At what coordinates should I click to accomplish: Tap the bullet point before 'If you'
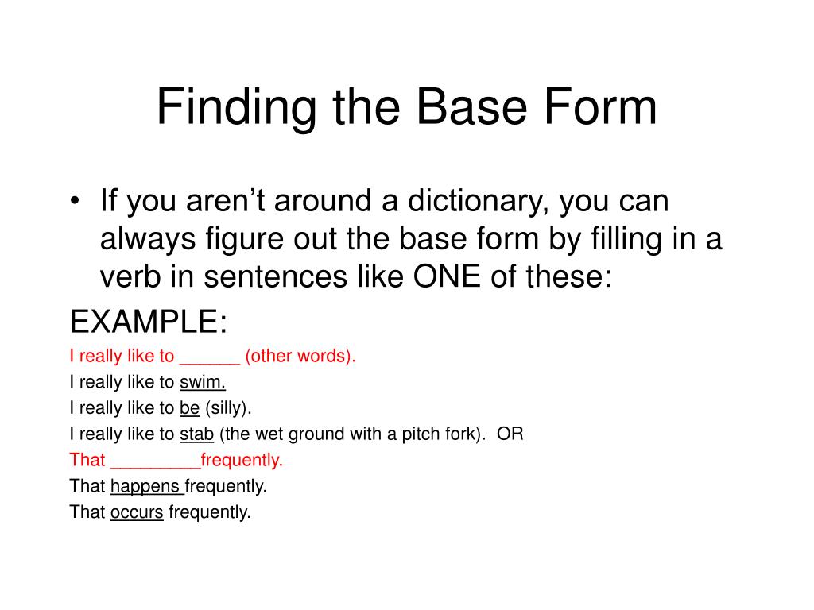75,203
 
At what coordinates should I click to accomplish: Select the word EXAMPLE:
149,323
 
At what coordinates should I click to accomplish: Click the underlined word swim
203,382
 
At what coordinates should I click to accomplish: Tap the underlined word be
189,408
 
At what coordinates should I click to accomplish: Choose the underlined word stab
196,434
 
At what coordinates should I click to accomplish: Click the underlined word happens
147,486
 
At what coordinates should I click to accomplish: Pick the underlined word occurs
137,512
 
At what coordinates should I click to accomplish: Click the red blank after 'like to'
210,357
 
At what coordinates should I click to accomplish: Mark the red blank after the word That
155,461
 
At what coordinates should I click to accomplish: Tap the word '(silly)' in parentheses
228,408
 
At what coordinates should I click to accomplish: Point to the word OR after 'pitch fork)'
510,434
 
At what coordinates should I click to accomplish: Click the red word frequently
242,460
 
